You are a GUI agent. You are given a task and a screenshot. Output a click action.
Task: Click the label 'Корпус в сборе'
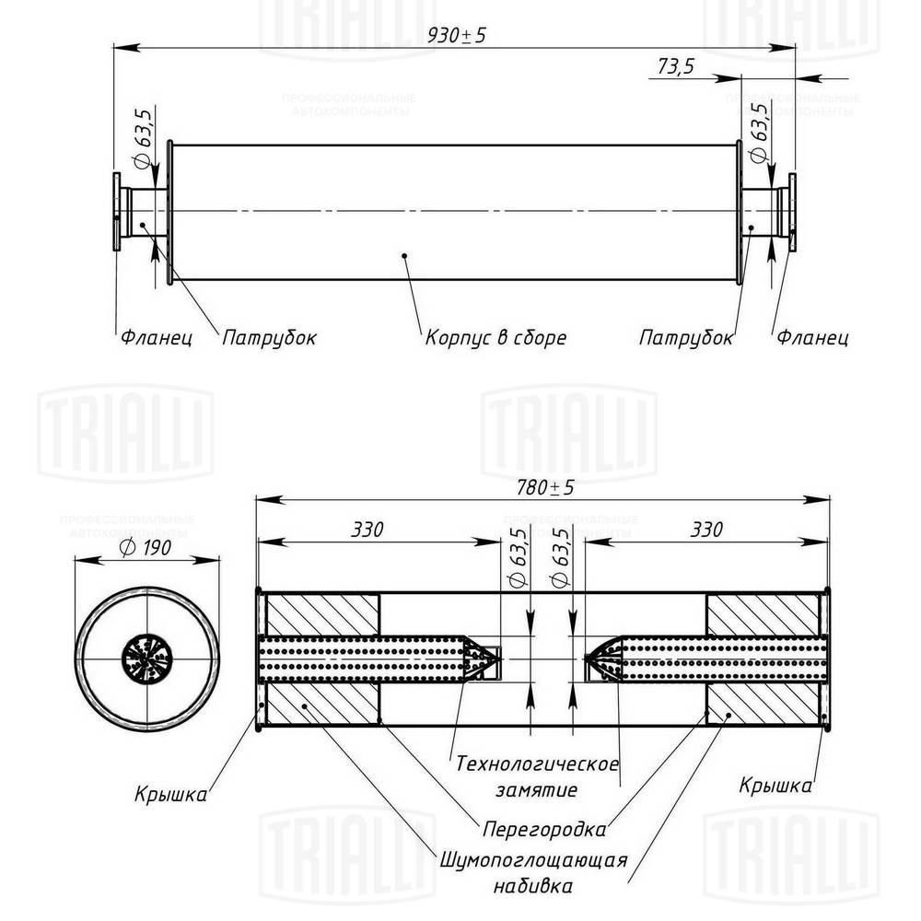tap(495, 338)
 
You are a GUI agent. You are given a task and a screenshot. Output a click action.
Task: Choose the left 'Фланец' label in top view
tap(156, 338)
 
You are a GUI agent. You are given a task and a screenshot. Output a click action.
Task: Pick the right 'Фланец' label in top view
tap(811, 338)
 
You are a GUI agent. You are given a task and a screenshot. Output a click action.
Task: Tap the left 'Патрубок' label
tap(269, 338)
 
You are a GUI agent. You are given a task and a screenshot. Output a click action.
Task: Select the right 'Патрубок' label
tap(686, 338)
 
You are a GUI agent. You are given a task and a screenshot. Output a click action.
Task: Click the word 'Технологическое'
tap(537, 764)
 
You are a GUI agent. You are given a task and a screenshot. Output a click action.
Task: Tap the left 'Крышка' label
tap(170, 793)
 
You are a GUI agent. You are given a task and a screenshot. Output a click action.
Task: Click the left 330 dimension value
tap(367, 530)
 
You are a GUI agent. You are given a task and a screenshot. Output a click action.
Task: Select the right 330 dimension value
tap(706, 530)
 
